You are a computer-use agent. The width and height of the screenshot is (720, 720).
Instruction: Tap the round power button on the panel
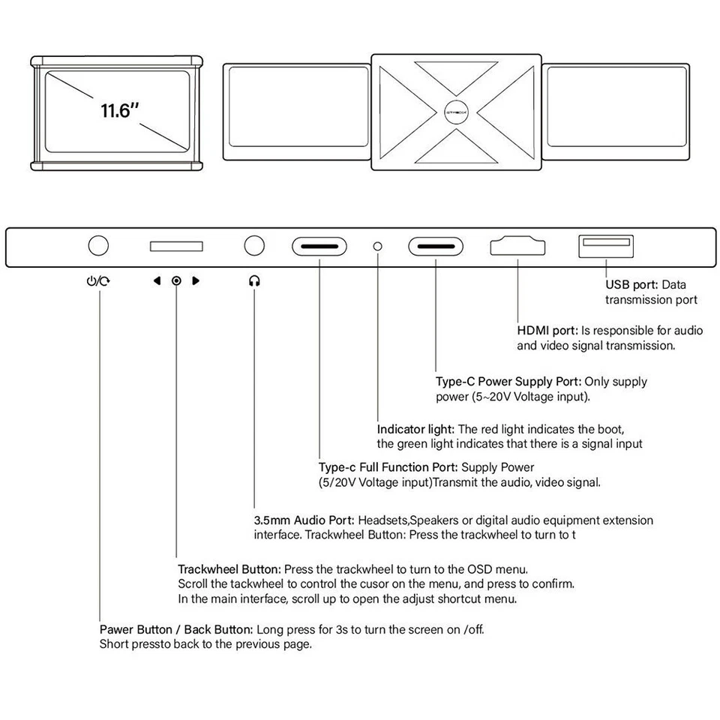point(98,245)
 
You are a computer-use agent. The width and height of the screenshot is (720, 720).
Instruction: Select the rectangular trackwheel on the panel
point(176,246)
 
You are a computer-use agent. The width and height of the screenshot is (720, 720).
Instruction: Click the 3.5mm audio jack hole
point(254,245)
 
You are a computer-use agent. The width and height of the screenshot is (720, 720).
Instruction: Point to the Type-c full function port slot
point(319,246)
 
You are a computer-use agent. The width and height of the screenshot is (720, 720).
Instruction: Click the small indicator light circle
point(378,246)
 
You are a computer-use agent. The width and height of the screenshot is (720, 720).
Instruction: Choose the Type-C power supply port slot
point(436,246)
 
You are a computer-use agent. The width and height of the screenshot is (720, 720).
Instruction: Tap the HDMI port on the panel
point(517,246)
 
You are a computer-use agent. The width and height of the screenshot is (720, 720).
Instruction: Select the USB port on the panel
point(606,246)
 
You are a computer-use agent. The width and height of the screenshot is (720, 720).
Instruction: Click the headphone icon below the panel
point(254,281)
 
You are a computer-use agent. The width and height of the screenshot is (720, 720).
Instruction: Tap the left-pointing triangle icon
point(157,281)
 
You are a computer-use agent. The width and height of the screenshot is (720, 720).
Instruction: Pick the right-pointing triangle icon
point(196,281)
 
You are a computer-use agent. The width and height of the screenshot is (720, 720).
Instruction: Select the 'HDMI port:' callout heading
point(547,331)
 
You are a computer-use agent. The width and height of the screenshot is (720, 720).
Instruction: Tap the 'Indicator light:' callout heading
point(415,429)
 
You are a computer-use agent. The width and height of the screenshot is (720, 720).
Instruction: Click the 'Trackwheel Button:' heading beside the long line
point(229,569)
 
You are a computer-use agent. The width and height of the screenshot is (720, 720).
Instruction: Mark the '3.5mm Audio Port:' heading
point(304,520)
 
